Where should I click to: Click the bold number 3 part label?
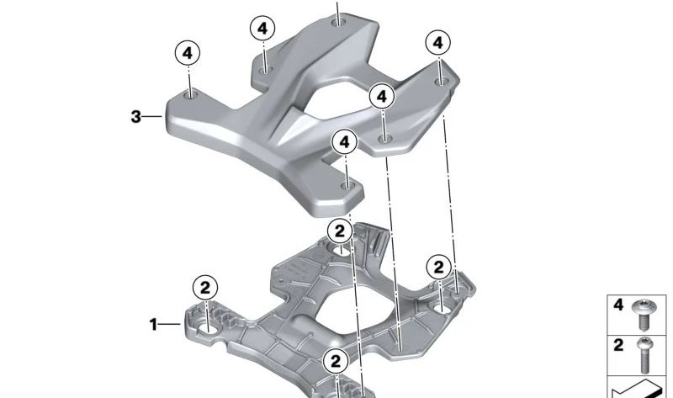136,117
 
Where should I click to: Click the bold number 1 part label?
153,324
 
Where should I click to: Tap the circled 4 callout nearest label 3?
188,53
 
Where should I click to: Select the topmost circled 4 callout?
262,28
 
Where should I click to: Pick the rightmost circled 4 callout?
437,41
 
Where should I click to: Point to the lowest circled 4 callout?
344,142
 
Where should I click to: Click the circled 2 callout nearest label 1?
205,286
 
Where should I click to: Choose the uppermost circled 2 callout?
339,231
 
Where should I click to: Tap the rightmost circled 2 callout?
437,268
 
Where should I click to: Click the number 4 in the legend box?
618,305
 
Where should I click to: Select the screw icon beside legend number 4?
644,313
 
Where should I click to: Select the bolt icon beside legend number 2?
645,353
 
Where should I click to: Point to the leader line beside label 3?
154,117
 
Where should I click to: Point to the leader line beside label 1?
171,324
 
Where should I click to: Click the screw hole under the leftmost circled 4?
192,96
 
